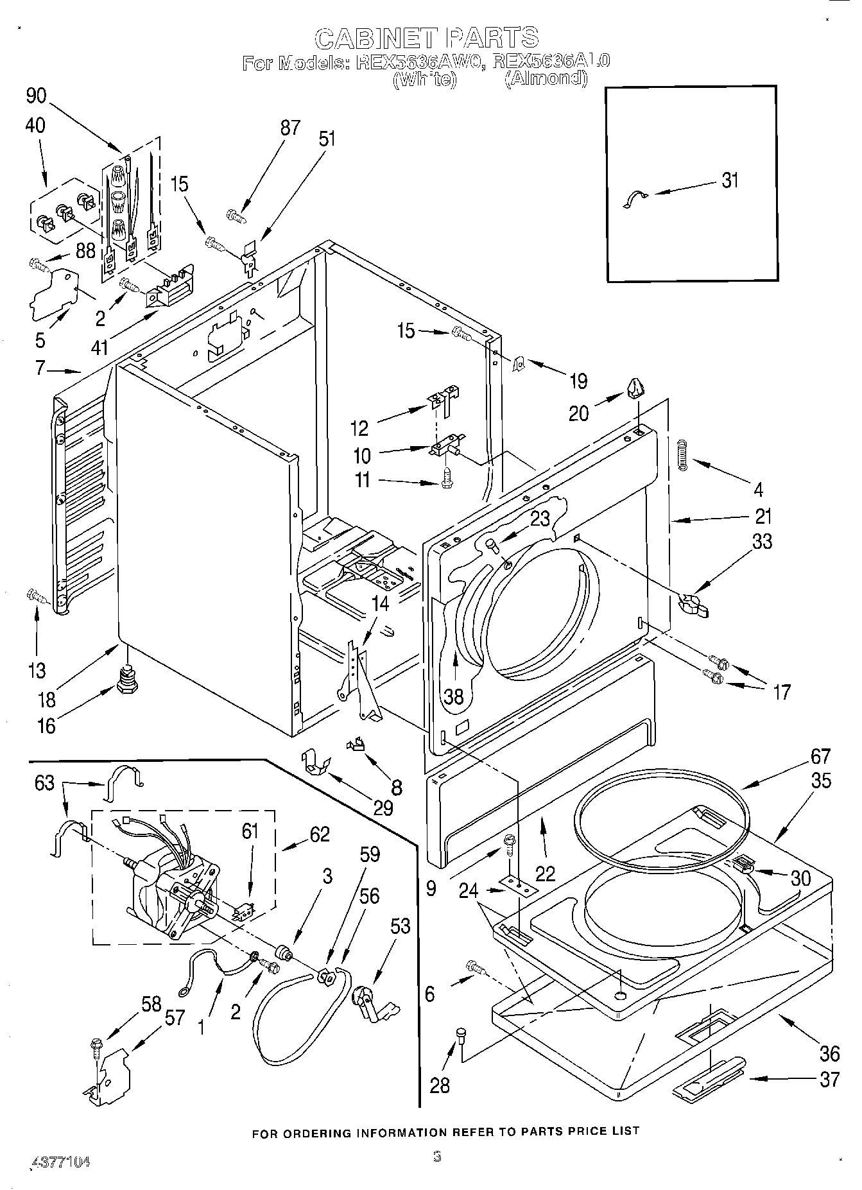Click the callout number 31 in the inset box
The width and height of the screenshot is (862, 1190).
point(730,180)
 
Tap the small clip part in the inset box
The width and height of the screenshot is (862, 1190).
point(635,200)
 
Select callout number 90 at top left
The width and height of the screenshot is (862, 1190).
point(37,96)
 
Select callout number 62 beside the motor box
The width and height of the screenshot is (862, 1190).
point(319,834)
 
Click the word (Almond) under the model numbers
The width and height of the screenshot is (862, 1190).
point(546,79)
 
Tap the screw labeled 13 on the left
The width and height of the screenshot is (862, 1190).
point(36,596)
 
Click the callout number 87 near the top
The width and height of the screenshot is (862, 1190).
point(290,128)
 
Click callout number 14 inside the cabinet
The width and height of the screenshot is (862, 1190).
point(380,603)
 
